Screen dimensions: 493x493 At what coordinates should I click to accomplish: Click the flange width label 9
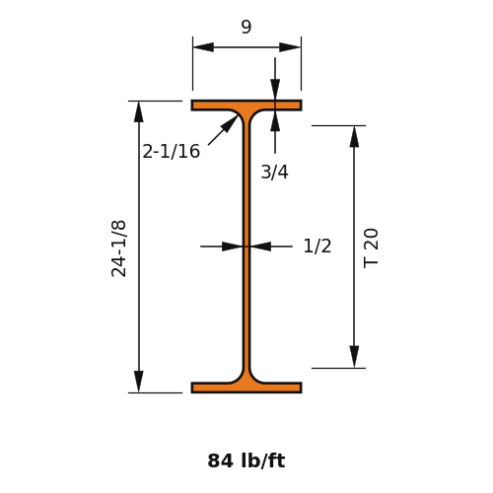pyautogui.click(x=246, y=27)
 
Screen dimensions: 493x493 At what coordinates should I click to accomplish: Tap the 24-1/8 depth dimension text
pyautogui.click(x=118, y=248)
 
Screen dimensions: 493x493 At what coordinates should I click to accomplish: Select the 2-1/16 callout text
pyautogui.click(x=172, y=152)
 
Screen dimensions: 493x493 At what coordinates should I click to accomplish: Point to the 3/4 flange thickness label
pyautogui.click(x=275, y=172)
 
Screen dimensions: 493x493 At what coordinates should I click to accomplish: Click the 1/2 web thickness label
pyautogui.click(x=317, y=246)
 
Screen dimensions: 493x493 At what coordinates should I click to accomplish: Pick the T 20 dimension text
pyautogui.click(x=371, y=248)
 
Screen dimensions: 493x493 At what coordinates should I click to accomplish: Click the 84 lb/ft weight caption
pyautogui.click(x=246, y=460)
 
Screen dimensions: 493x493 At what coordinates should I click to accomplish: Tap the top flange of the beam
pyautogui.click(x=246, y=106)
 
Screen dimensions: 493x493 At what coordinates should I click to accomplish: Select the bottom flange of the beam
pyautogui.click(x=246, y=387)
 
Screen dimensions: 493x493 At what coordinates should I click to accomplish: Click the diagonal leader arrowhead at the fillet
pyautogui.click(x=231, y=123)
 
